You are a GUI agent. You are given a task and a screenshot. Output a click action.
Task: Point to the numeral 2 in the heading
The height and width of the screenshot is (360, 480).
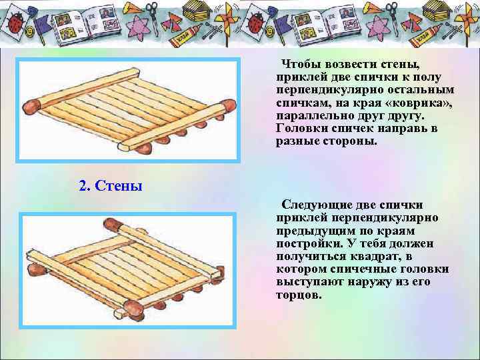[x=83, y=185]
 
